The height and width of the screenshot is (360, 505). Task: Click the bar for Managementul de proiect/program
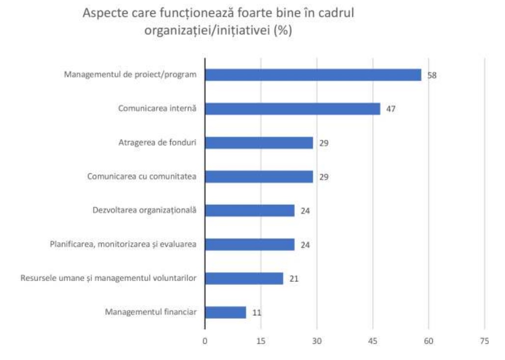[313, 75]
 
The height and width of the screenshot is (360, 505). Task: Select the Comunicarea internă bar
[292, 109]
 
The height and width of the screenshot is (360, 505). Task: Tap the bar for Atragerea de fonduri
[259, 143]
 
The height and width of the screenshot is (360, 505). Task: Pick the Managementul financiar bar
[225, 312]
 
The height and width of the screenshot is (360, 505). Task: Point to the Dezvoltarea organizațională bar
[250, 211]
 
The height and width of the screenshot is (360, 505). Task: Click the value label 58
[432, 76]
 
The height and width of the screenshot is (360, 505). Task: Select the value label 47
[391, 109]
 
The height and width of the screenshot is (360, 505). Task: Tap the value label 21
[293, 279]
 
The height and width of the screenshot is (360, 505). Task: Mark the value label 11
[256, 313]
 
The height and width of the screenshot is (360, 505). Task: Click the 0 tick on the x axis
[205, 342]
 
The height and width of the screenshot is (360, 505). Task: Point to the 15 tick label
[261, 342]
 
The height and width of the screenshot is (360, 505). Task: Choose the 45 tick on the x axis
[373, 342]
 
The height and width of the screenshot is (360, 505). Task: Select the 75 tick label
[485, 342]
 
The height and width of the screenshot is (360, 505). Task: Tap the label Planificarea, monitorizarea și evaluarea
[123, 244]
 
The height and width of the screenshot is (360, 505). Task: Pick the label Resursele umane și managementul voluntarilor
[108, 278]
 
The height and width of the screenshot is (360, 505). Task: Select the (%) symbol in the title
[283, 30]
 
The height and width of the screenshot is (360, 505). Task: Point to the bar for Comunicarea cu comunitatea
[259, 177]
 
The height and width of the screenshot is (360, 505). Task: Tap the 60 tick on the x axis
[429, 342]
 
